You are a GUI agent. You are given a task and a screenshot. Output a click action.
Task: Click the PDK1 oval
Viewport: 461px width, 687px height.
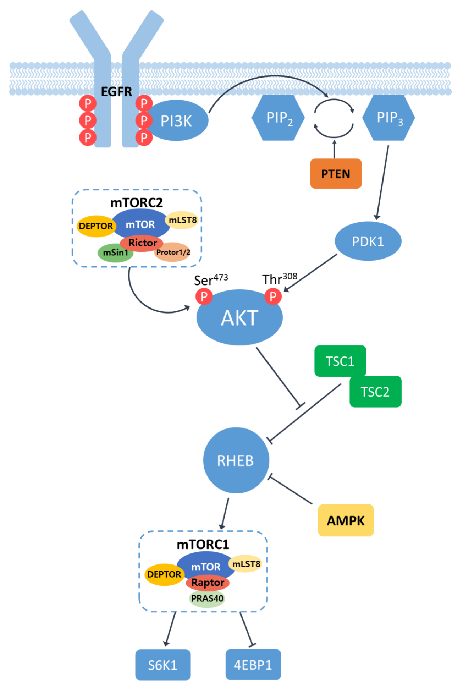(368, 241)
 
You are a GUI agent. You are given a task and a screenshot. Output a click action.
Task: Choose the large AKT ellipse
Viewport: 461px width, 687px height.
(240, 317)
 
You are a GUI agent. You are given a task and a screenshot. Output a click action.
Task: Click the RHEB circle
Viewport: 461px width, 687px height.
(236, 460)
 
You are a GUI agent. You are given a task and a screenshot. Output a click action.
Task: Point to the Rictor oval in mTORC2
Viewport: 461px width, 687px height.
(142, 243)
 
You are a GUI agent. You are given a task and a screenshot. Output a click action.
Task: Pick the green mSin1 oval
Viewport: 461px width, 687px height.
(116, 252)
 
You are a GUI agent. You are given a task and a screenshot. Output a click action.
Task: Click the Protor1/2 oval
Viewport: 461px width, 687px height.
(173, 252)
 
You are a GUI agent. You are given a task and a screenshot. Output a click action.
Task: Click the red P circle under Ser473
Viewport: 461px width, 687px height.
(204, 296)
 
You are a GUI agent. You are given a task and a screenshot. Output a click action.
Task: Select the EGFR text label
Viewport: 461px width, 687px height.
(116, 92)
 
